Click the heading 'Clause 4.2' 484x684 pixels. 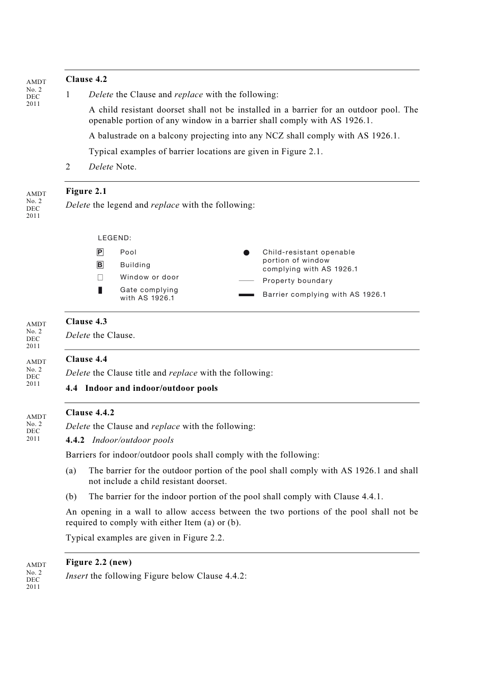(x=86, y=79)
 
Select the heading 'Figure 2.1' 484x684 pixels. (x=86, y=191)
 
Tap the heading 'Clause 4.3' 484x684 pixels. (x=86, y=322)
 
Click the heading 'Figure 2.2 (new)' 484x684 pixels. (x=98, y=562)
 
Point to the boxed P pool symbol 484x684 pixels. (x=100, y=252)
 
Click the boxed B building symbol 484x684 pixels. (x=100, y=265)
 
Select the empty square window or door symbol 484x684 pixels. (x=100, y=277)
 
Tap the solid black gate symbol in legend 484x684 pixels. (x=100, y=291)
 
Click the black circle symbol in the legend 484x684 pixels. (x=247, y=252)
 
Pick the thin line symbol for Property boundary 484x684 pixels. (x=246, y=281)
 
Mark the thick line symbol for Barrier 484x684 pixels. (x=246, y=295)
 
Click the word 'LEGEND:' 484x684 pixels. (x=115, y=238)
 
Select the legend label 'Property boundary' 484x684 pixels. (x=298, y=281)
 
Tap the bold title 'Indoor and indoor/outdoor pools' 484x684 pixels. (x=151, y=388)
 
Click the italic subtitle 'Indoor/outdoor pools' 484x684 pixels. (x=132, y=440)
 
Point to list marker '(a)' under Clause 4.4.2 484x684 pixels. (x=71, y=471)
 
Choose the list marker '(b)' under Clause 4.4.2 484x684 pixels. (x=71, y=497)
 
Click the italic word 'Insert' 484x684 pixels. (x=76, y=576)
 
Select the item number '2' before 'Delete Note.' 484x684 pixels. (x=68, y=167)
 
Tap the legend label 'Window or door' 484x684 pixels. (x=149, y=277)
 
